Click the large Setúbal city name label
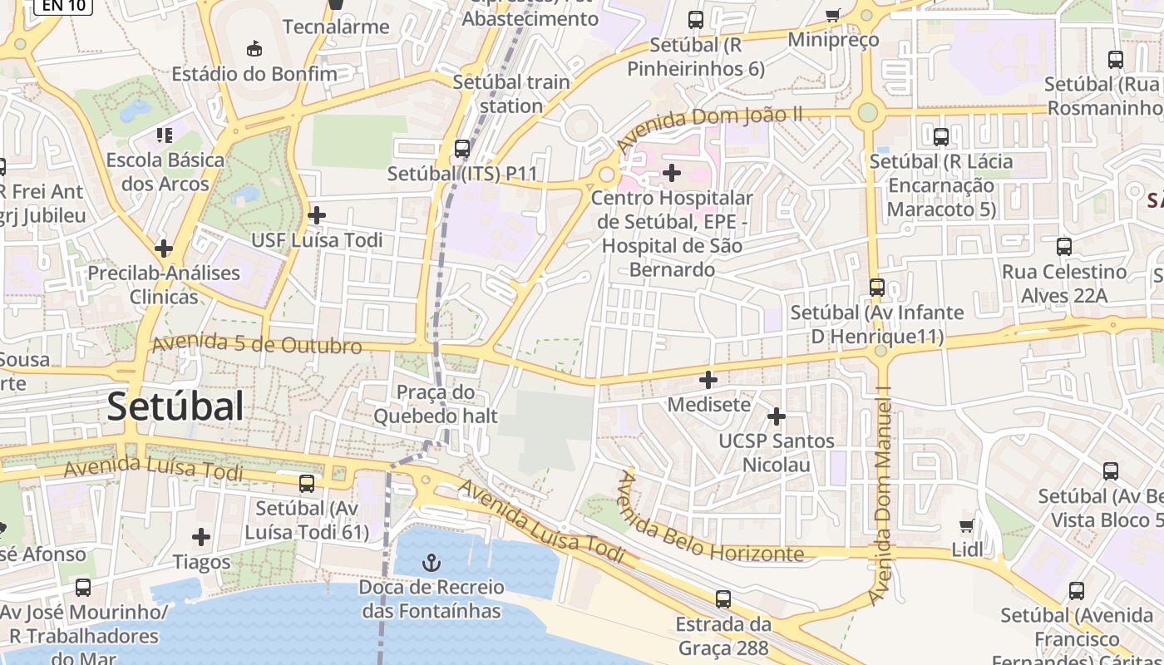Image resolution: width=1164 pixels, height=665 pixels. coord(175,406)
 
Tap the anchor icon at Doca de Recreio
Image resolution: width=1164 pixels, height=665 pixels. coord(431,564)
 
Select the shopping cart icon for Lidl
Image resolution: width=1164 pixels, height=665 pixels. coord(966,525)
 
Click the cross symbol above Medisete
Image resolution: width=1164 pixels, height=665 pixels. coord(708,380)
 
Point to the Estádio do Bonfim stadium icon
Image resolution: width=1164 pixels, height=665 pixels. coord(254,49)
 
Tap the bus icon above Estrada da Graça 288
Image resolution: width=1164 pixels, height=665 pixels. coord(723,598)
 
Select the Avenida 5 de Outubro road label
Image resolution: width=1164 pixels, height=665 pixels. coord(257,343)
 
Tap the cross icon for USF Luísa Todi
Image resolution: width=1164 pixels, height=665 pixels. coord(317,215)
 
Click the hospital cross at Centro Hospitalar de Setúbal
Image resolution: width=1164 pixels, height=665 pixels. coord(672,173)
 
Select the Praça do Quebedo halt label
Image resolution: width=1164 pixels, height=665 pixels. coord(436,404)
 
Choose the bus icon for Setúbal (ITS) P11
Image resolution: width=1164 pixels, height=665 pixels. coord(462,149)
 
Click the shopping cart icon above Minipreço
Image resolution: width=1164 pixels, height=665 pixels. coord(832,14)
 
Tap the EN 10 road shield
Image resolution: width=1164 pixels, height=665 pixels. coord(62,6)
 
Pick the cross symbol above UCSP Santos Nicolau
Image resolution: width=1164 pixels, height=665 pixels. coord(777,416)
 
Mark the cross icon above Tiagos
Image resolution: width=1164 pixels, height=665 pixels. coord(201,537)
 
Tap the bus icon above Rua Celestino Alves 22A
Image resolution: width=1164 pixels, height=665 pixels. coord(1063,246)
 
